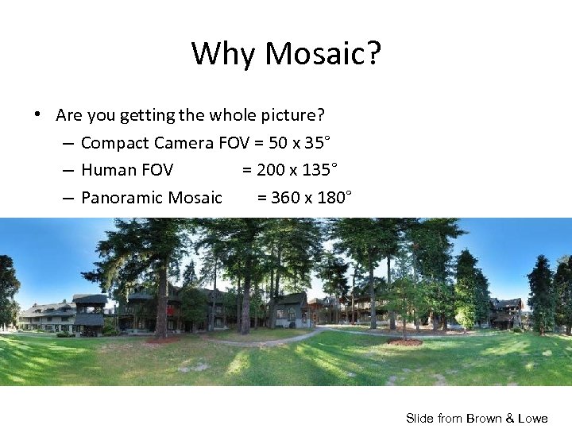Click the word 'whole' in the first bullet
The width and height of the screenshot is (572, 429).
(231, 115)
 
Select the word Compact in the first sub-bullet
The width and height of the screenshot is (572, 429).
(115, 143)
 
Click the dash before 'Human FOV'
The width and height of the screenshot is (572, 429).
(68, 170)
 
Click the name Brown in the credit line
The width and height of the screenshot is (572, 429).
(484, 418)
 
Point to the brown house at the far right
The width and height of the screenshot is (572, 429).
(505, 311)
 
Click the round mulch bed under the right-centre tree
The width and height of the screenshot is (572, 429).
(405, 342)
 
